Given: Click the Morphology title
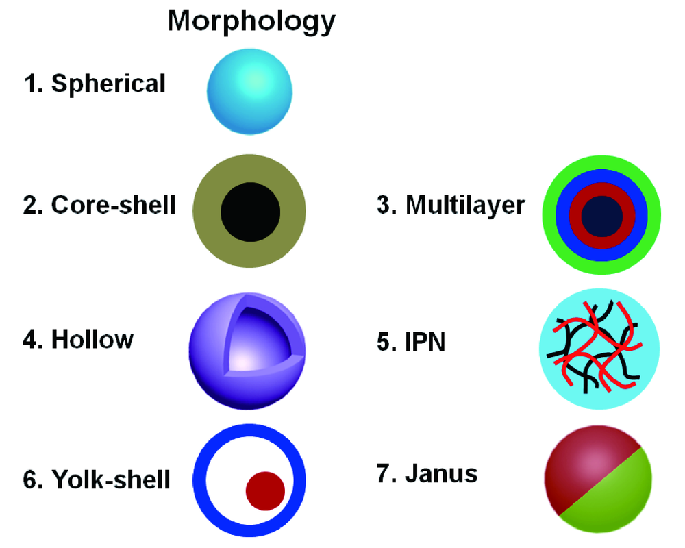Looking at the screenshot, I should click(251, 22).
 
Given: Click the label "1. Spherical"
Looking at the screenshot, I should click(95, 84).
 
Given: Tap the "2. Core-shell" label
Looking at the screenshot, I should click(99, 205).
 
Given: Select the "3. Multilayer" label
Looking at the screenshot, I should click(451, 205).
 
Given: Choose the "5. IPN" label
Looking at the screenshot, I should click(411, 340).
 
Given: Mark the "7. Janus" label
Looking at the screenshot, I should click(427, 473).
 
